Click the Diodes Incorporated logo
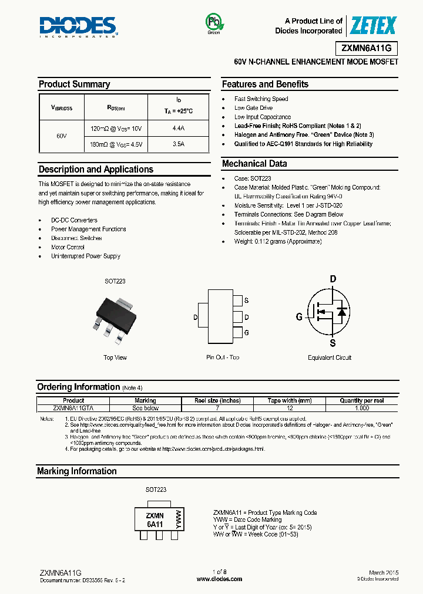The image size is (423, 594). click(78, 26)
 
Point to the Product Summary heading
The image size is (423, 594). click(75, 85)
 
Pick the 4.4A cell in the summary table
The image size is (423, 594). click(178, 128)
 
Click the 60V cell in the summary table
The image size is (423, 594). click(62, 136)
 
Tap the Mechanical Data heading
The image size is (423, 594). click(254, 164)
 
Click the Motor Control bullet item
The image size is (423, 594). click(68, 247)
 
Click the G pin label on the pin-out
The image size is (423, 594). click(246, 333)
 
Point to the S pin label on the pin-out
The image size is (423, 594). click(246, 301)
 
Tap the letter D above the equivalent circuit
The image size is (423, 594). click(333, 279)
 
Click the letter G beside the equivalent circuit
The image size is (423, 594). click(299, 317)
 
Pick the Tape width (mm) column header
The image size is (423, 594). click(289, 401)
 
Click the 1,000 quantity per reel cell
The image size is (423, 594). click(362, 408)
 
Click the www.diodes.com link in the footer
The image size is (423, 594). click(219, 579)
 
